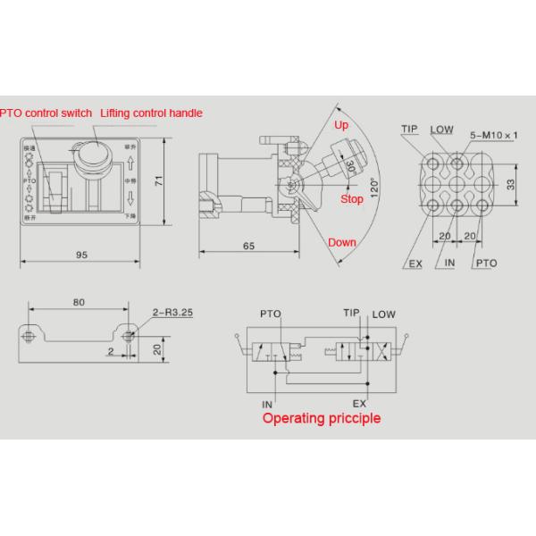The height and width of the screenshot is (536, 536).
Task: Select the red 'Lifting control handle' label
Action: [x=152, y=113]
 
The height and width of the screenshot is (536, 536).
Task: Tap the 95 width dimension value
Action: [x=81, y=255]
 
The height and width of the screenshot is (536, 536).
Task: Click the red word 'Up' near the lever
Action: [x=340, y=126]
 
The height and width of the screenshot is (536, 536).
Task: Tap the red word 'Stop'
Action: [x=352, y=199]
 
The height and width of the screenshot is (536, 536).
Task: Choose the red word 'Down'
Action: [x=341, y=242]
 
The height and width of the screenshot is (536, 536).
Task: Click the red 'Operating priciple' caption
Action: [x=321, y=418]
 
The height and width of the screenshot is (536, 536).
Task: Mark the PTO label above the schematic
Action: [x=270, y=314]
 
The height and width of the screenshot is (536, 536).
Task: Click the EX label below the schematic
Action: [x=360, y=403]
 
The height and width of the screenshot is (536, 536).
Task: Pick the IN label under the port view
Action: [x=450, y=264]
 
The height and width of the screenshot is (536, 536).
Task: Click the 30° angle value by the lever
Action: [x=351, y=167]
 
